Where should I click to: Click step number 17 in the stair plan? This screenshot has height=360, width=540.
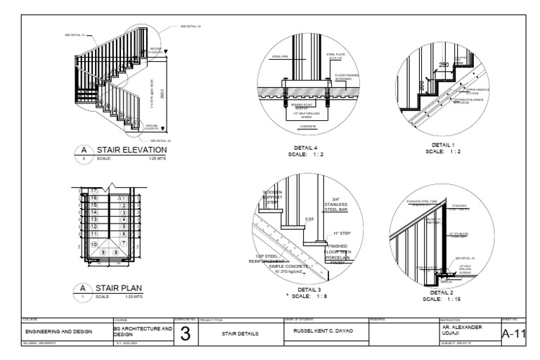(x=94, y=191)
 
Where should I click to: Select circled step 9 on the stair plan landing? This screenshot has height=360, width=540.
(x=105, y=251)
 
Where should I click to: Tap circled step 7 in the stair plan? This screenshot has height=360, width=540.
(x=124, y=243)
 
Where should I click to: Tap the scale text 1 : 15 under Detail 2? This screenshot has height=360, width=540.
(x=442, y=299)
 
